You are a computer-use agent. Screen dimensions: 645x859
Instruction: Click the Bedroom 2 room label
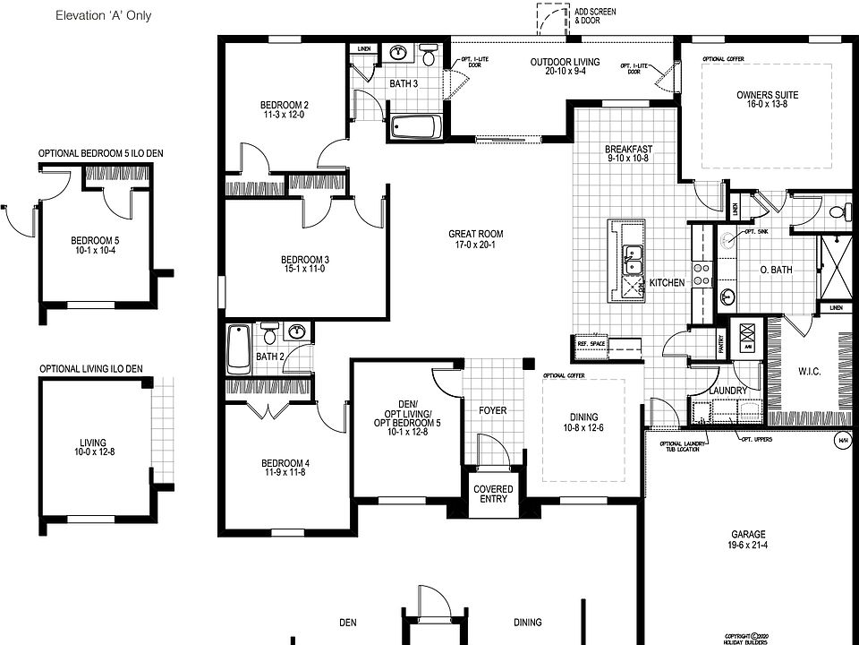tap(285, 103)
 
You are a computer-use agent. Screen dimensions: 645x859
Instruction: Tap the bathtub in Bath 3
tap(416, 127)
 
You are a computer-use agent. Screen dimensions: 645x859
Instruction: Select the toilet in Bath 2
tap(268, 335)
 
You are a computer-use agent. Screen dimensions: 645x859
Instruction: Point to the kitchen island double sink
tap(636, 258)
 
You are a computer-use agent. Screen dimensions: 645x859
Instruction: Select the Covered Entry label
tap(493, 494)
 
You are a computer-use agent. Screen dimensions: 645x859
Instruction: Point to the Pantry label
tap(721, 346)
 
